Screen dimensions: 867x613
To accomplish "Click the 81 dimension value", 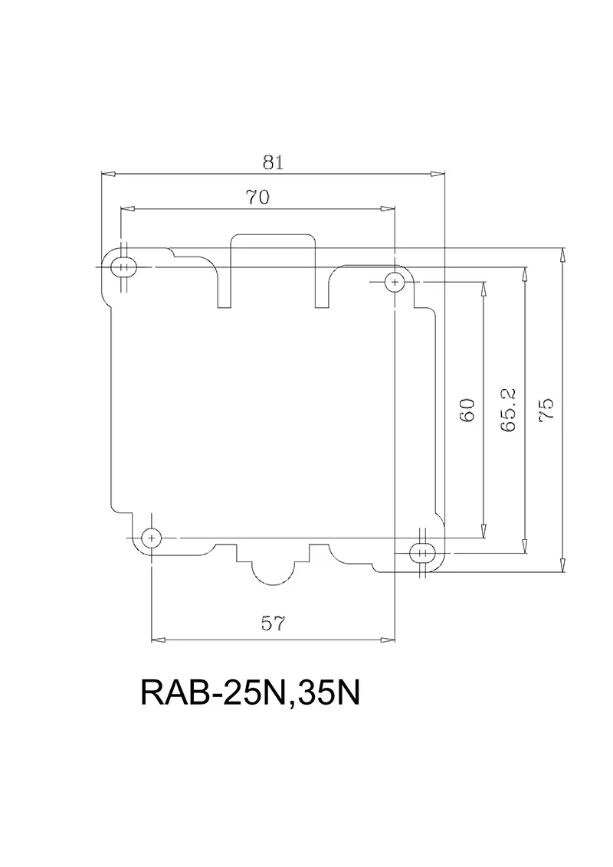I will pyautogui.click(x=274, y=162).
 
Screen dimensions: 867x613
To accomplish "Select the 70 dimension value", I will pyautogui.click(x=257, y=197).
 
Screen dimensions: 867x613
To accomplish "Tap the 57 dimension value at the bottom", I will pyautogui.click(x=273, y=624).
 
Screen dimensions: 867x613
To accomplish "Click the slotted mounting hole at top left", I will pyautogui.click(x=122, y=267).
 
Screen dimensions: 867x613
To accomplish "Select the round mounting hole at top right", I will pyautogui.click(x=395, y=283).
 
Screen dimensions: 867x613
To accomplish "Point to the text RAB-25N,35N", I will pyautogui.click(x=251, y=694).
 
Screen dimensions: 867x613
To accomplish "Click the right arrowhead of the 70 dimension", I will pyautogui.click(x=388, y=208).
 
